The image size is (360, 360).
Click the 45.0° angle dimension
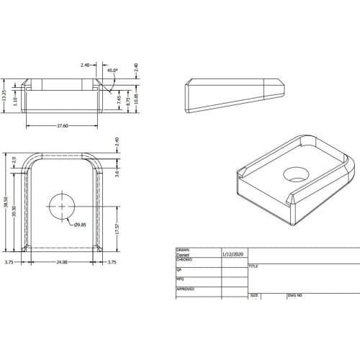[112, 71]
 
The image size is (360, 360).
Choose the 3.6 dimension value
[115, 172]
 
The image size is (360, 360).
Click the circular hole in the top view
[62, 206]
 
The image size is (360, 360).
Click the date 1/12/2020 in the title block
[233, 254]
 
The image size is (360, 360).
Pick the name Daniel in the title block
[184, 254]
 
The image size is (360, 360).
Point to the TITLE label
[253, 266]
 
